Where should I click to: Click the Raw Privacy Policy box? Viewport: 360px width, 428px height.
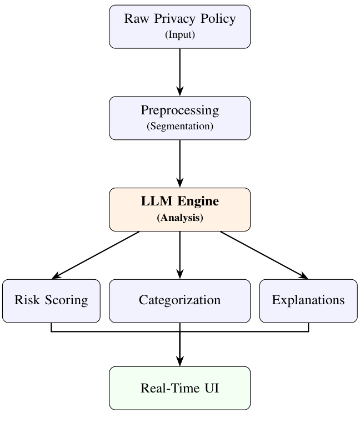179,27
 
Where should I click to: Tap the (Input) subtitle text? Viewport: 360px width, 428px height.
179,35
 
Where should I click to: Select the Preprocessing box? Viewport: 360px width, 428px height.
179,118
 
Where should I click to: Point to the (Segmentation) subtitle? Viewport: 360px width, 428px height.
179,126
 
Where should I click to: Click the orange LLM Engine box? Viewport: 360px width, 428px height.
179,209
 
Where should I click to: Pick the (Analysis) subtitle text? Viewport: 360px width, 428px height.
179,218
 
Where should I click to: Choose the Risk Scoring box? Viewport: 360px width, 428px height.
51,300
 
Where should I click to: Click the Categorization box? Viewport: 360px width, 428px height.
179,300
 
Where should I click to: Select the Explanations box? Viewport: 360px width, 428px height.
308,300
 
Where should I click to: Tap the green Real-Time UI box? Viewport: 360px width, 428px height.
179,388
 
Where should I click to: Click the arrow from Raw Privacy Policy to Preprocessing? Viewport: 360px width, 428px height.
179,72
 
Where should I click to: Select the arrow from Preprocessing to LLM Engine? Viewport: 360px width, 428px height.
179,164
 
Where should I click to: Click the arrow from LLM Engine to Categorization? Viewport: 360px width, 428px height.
179,255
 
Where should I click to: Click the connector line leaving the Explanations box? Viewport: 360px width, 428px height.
308,328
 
